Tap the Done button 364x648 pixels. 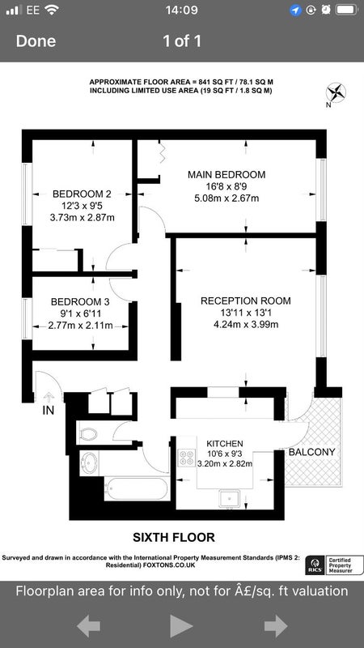pos(36,41)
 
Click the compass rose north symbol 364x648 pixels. pos(336,92)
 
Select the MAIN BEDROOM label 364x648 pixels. pos(226,174)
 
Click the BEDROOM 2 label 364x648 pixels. pos(83,194)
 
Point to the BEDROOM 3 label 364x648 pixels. pos(80,301)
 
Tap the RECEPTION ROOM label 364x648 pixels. pos(246,301)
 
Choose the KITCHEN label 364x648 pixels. pos(225,443)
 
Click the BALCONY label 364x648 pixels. pos(311,452)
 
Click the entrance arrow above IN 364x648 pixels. pos(49,398)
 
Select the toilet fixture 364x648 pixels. pos(88,434)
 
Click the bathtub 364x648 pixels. pos(136,489)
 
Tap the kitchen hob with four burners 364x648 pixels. pos(186,458)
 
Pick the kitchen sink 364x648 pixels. pos(231,499)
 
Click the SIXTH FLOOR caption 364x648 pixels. pos(174,537)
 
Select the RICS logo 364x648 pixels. pos(315,565)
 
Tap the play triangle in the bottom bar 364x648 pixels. pos(181,625)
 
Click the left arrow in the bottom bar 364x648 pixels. pos(88,626)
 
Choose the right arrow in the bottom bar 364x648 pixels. pos(276,626)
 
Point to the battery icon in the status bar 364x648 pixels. pos(346,11)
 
